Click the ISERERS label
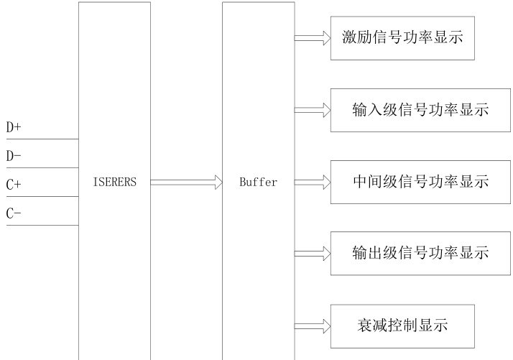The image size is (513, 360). [114, 183]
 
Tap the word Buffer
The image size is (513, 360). [258, 183]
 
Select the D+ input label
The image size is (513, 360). [14, 127]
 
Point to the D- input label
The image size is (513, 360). [14, 156]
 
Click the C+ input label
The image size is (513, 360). [14, 185]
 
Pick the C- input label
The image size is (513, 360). [14, 213]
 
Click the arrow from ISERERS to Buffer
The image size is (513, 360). [187, 183]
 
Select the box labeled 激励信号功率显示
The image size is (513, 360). [402, 38]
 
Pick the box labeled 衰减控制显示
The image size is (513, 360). [402, 326]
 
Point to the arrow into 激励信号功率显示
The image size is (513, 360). [312, 38]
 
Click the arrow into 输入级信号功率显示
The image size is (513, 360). [312, 110]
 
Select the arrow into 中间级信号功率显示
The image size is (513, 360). [312, 182]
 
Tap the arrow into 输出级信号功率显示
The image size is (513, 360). [312, 253]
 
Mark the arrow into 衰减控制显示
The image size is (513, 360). [312, 326]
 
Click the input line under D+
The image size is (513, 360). [42, 139]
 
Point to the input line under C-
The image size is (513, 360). [42, 225]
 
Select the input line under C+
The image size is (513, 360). [42, 196]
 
